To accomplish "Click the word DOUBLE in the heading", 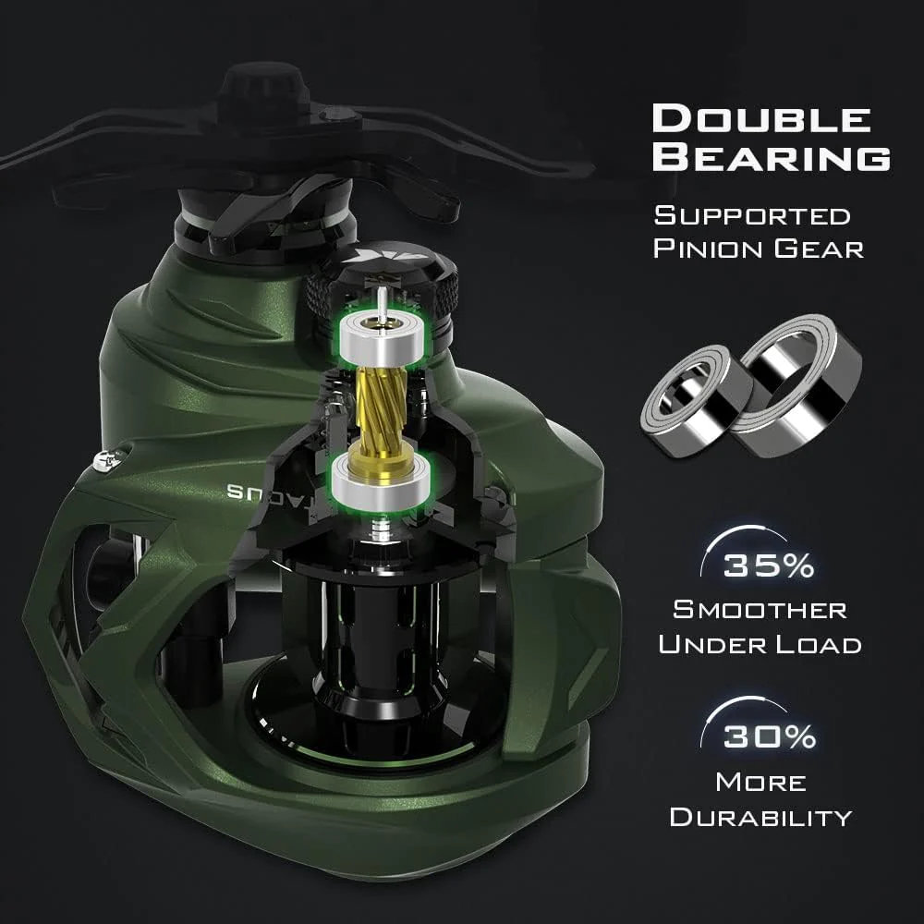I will click(761, 120).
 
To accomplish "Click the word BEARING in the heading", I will click(771, 157).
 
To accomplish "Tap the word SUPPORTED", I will click(752, 216).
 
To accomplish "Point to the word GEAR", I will click(819, 249).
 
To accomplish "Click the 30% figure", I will click(770, 736).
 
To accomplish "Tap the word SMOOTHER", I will click(760, 610).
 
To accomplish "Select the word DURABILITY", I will click(760, 817).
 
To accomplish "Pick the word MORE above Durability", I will click(760, 782).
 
